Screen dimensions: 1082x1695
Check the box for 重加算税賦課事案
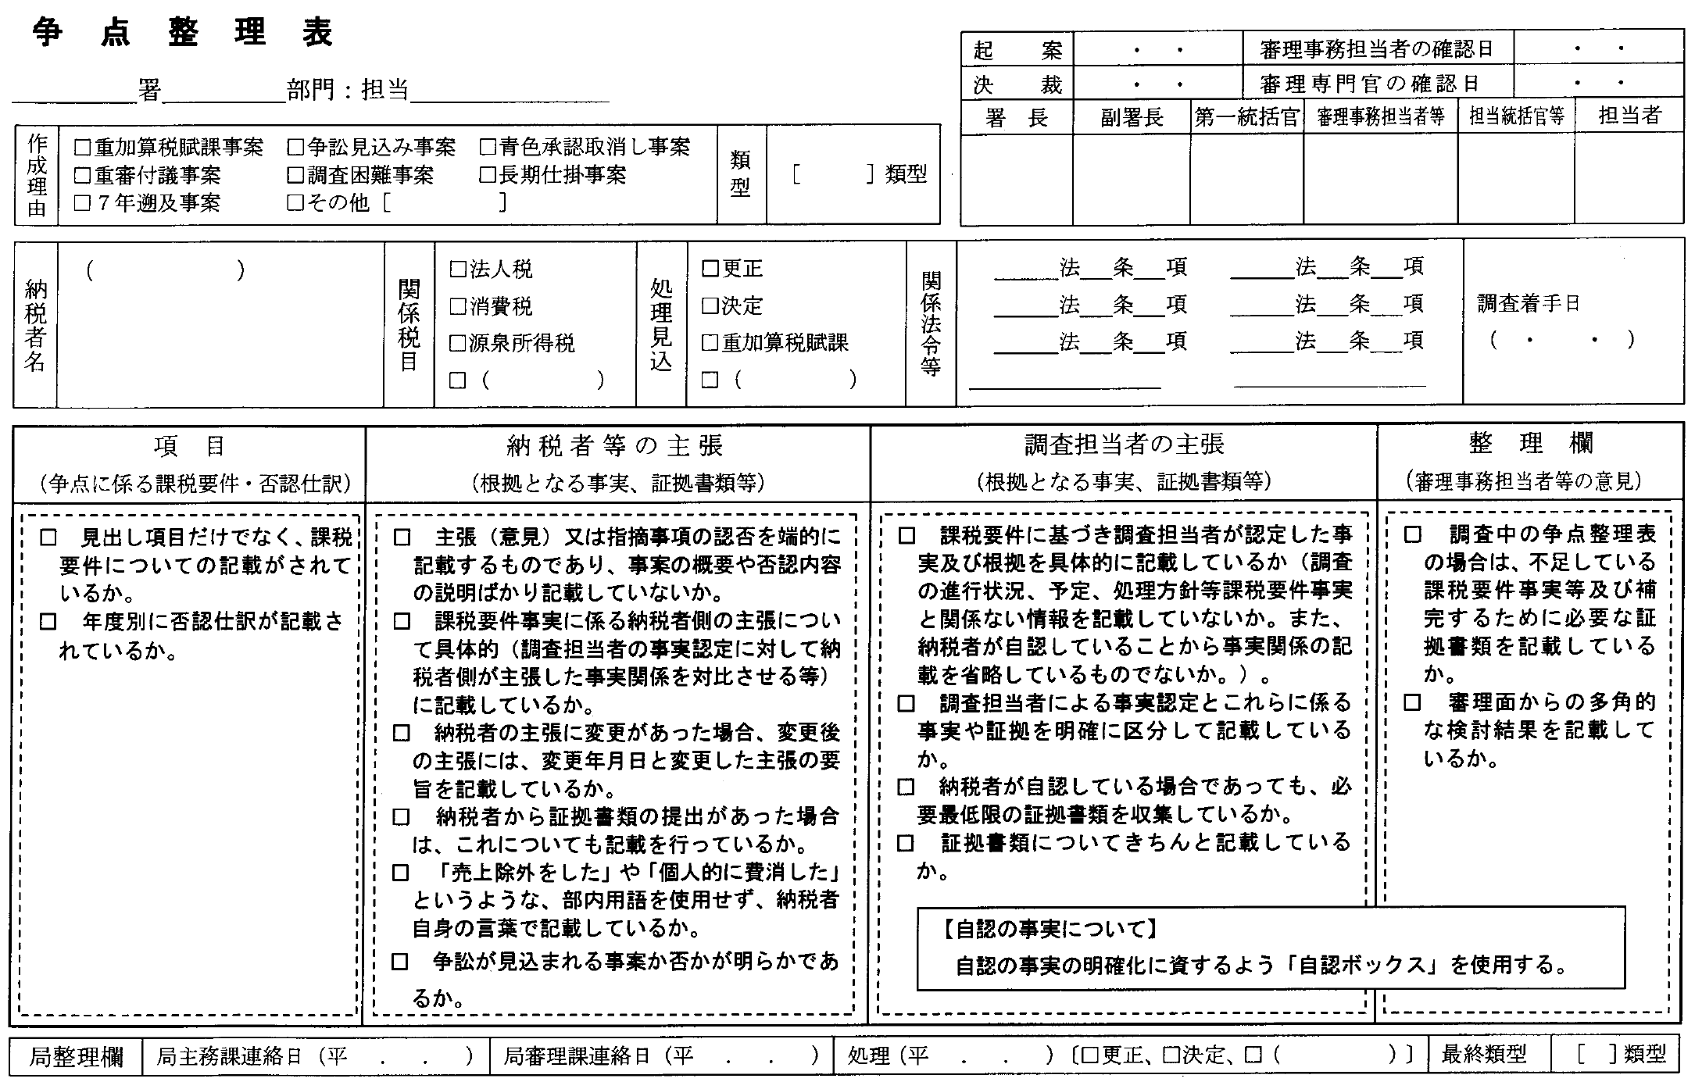(82, 147)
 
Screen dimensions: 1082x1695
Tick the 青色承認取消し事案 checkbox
(488, 147)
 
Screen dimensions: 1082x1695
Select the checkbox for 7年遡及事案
(82, 204)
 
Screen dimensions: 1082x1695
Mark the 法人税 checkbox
(458, 270)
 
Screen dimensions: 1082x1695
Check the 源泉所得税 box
(458, 343)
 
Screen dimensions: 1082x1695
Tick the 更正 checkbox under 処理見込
(710, 269)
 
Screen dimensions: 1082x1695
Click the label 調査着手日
(1528, 303)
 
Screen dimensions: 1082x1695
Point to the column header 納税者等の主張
(616, 445)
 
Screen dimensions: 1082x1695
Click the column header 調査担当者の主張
(1124, 445)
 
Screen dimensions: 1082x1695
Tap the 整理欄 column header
(1530, 444)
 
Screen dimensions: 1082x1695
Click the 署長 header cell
(1016, 118)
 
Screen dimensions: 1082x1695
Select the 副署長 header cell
(1132, 118)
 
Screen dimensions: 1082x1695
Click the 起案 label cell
(1017, 51)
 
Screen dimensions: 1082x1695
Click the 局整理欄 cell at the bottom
(77, 1056)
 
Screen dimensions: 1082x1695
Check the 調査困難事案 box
(295, 175)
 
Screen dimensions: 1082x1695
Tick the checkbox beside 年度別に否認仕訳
(48, 622)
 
